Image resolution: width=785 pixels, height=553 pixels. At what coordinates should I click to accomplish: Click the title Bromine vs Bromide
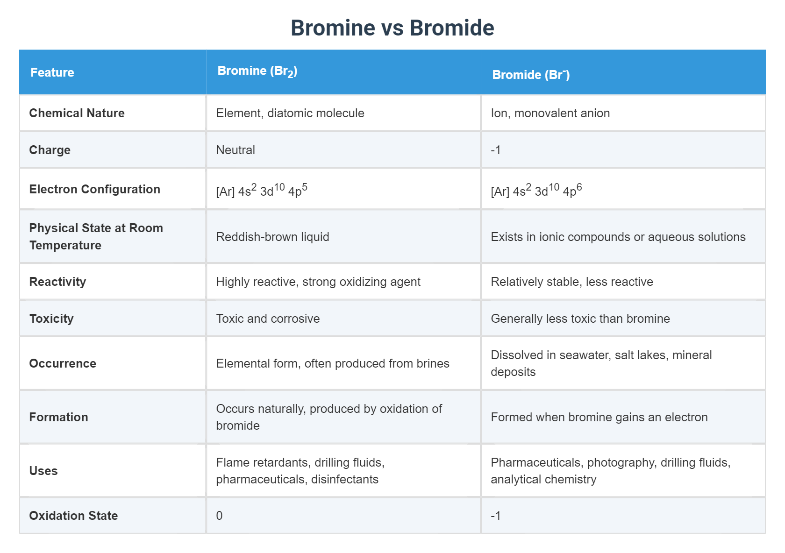click(392, 28)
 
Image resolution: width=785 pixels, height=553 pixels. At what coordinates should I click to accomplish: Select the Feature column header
click(52, 72)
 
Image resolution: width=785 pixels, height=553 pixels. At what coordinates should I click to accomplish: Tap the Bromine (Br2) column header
click(257, 71)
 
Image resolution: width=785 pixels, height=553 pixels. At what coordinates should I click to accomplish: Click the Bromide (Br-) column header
click(531, 75)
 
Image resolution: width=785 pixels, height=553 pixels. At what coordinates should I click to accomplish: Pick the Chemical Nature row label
click(77, 113)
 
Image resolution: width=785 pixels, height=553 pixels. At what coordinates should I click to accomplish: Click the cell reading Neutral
click(235, 150)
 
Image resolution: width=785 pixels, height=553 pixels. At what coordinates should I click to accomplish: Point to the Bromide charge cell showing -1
click(496, 150)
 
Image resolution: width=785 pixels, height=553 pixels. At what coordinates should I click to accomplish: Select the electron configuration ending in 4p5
click(262, 190)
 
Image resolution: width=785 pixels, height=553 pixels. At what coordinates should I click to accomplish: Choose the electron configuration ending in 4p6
click(536, 190)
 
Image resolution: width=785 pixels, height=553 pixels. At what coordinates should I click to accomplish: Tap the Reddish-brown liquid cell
click(272, 237)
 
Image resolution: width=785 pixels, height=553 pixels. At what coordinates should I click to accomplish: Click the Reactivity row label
click(57, 282)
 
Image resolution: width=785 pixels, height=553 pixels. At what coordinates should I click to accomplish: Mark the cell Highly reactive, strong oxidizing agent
click(318, 282)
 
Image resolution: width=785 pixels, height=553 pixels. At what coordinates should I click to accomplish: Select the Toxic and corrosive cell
click(268, 319)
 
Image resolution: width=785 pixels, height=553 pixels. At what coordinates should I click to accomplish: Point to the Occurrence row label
click(63, 363)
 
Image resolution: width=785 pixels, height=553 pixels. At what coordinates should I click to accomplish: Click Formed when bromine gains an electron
click(599, 417)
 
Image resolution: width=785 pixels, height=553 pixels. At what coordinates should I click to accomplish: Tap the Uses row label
click(43, 471)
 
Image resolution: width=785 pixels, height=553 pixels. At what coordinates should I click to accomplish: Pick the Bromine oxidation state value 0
click(219, 516)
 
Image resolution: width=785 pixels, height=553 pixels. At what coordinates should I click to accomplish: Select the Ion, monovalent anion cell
click(550, 113)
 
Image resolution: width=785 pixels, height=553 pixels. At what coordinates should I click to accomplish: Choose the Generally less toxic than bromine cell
click(580, 319)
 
